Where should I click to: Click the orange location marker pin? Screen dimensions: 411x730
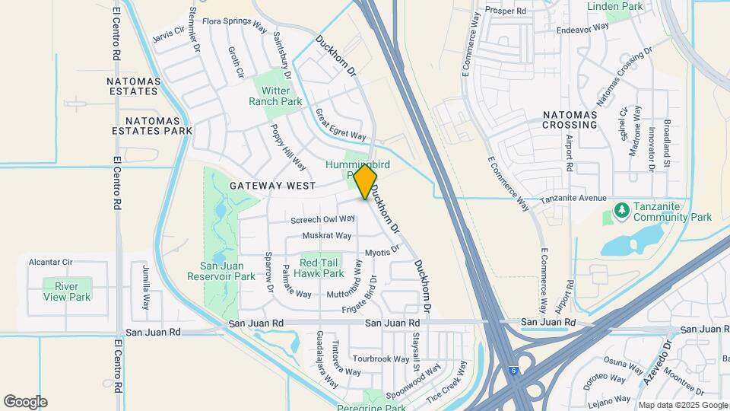tap(365, 182)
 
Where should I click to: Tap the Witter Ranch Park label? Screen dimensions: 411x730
tap(275, 96)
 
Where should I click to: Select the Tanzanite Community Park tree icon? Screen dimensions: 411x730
tap(621, 209)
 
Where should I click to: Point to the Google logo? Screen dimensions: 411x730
tap(25, 402)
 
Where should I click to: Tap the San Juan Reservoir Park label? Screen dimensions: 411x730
tap(227, 271)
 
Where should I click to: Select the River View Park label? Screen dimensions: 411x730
tap(67, 292)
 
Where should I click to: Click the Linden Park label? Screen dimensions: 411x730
tap(615, 6)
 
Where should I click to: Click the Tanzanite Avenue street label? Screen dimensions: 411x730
tap(573, 199)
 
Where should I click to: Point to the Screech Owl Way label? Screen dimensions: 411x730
tap(323, 219)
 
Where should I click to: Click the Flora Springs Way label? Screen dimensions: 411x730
tap(235, 23)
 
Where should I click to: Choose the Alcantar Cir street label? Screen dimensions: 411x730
tap(50, 262)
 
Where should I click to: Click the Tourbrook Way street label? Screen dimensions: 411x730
tap(381, 358)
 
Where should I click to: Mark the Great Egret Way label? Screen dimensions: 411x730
tap(341, 125)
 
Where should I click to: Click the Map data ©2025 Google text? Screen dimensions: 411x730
tap(682, 404)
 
